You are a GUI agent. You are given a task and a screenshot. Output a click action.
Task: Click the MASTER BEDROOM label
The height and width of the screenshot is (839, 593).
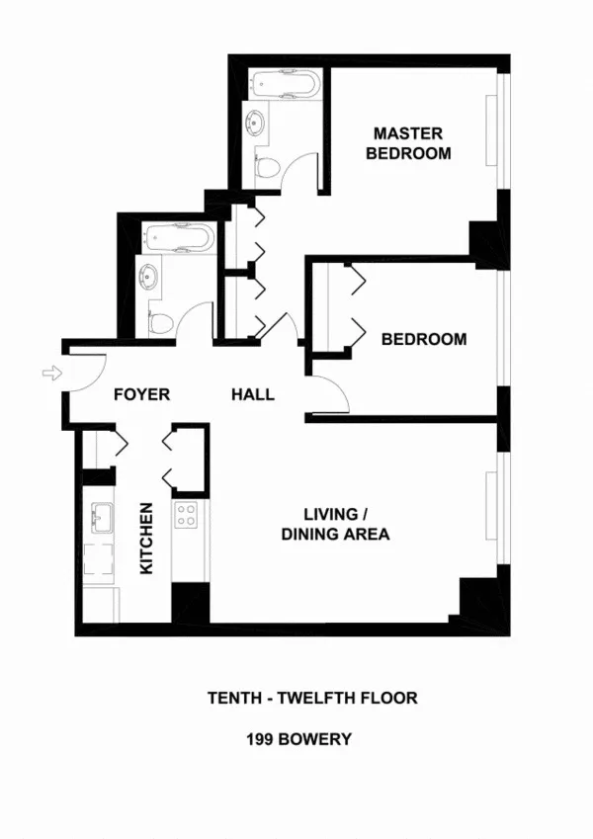[x=408, y=143]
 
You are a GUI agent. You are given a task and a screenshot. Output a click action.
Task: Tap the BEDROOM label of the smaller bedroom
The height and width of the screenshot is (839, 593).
[x=424, y=339]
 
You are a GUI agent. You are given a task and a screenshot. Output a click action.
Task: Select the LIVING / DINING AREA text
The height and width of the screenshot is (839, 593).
[x=335, y=525]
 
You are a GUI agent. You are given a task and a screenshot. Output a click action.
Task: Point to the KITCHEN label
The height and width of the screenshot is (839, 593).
[x=146, y=539]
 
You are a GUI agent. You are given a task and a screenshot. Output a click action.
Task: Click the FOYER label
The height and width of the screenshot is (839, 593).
[x=141, y=394]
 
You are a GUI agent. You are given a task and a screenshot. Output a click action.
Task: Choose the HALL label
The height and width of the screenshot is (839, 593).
[x=253, y=394]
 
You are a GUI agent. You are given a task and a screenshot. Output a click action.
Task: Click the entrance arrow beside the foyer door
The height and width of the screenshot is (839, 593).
[x=51, y=373]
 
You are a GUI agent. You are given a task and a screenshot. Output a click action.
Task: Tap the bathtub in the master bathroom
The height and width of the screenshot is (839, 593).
[x=283, y=84]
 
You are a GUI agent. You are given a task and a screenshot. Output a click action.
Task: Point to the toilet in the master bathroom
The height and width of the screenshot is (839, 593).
[x=265, y=169]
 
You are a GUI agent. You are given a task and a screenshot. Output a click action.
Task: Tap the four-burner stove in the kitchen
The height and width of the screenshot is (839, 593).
[x=187, y=513]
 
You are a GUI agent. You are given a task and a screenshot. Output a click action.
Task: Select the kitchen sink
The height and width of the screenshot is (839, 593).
[x=101, y=516]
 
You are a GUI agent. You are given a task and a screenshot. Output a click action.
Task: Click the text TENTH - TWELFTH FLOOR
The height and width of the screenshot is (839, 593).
[x=312, y=698]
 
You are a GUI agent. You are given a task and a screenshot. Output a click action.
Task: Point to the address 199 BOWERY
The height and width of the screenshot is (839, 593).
[x=298, y=739]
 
